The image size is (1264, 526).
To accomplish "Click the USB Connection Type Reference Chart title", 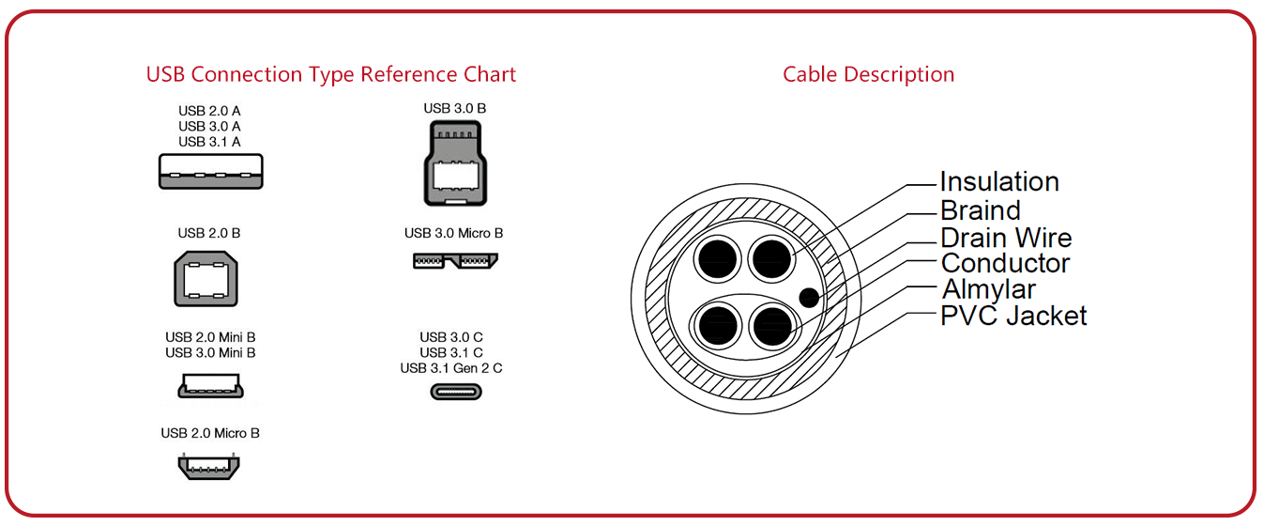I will [330, 74].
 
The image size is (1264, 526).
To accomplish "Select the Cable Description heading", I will [868, 74].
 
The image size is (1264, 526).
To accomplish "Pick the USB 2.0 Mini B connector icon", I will [210, 385].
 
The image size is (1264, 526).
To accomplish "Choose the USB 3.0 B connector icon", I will [455, 164].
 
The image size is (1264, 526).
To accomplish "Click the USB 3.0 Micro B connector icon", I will [455, 260].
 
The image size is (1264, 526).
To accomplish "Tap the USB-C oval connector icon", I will [455, 392].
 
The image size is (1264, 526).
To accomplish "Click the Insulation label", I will [999, 181].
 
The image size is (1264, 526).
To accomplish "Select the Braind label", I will [980, 209].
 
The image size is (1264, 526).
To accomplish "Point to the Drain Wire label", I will [1006, 237].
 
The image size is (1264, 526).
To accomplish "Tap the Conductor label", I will [1005, 263].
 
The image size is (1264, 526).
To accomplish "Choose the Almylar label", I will [988, 289].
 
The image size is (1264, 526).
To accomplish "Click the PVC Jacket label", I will [1013, 316].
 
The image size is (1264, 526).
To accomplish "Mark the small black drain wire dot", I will [807, 299].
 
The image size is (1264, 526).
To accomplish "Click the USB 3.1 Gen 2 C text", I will [451, 368].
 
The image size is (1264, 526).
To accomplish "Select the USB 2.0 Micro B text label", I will [210, 433].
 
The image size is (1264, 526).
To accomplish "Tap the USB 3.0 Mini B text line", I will [210, 353].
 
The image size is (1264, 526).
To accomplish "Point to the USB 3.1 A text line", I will [210, 142].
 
